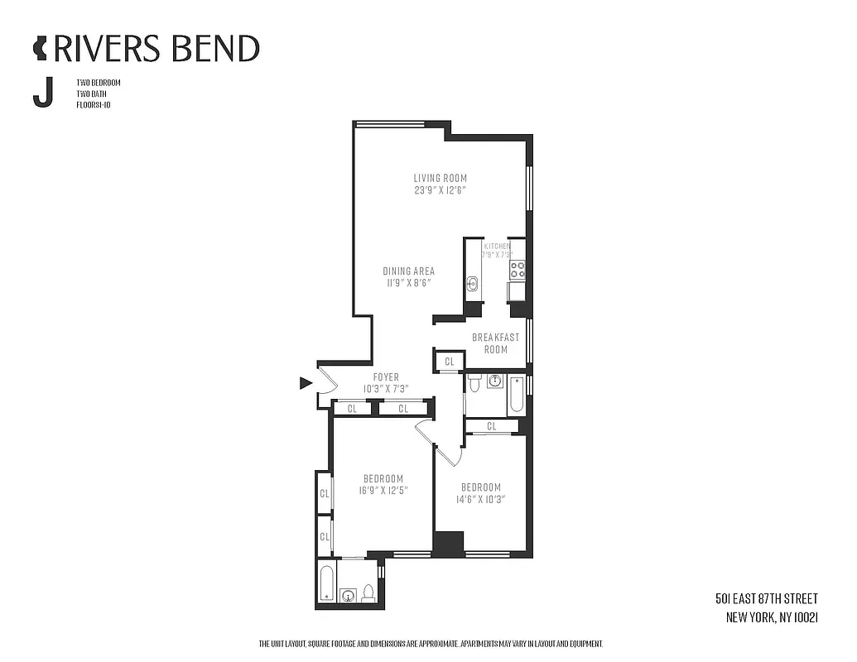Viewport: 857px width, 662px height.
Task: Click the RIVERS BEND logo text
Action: click(x=155, y=49)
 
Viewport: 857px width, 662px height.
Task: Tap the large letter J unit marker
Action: click(x=42, y=93)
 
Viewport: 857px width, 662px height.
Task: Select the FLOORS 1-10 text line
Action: click(x=93, y=105)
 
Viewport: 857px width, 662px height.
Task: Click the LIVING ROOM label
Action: click(x=441, y=178)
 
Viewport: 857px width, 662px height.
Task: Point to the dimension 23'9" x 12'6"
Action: click(x=441, y=189)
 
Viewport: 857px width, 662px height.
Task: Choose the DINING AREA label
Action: click(x=408, y=271)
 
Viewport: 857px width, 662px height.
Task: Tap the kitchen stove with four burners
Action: click(x=518, y=270)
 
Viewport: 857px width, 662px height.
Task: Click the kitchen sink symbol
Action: click(x=472, y=284)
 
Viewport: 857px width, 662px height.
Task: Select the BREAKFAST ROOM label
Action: click(x=495, y=343)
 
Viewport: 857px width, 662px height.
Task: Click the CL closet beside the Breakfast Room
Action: click(x=449, y=362)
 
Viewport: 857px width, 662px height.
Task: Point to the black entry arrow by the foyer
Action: click(x=306, y=382)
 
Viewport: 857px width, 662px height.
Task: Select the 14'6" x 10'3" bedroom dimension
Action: click(x=482, y=499)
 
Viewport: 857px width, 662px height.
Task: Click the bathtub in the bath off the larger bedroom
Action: click(x=326, y=583)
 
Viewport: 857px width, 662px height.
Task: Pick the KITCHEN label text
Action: click(x=497, y=247)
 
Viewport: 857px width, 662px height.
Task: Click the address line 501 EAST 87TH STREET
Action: click(x=766, y=599)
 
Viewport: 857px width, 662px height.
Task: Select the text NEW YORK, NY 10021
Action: click(x=772, y=616)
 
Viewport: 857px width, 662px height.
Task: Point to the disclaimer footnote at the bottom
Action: click(x=431, y=644)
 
